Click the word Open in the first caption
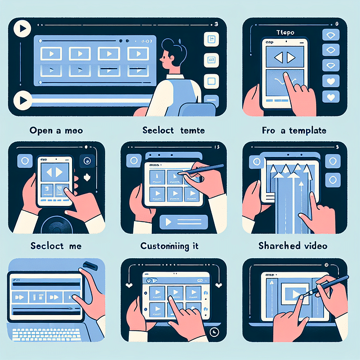coord(40,130)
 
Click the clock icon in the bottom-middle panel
coord(214,332)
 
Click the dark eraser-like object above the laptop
coord(90,265)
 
